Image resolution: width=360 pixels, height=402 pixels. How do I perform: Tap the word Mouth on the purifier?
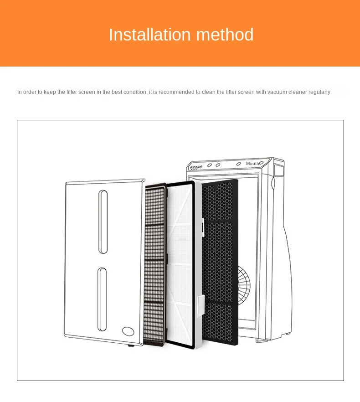pos(252,163)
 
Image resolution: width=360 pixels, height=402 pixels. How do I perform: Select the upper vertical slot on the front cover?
pos(103,222)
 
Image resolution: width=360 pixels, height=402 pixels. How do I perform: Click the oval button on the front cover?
pos(128,331)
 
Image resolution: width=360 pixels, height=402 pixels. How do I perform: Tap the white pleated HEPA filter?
pos(182,264)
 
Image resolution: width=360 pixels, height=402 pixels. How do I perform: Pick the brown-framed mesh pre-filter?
pos(154,264)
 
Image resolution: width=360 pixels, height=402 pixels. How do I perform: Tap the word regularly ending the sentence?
pos(320,92)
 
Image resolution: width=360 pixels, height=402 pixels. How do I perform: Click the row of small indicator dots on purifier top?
pos(195,168)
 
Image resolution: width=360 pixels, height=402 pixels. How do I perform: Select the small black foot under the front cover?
pos(131,345)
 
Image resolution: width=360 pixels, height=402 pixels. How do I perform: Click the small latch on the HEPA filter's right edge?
pos(201,225)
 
